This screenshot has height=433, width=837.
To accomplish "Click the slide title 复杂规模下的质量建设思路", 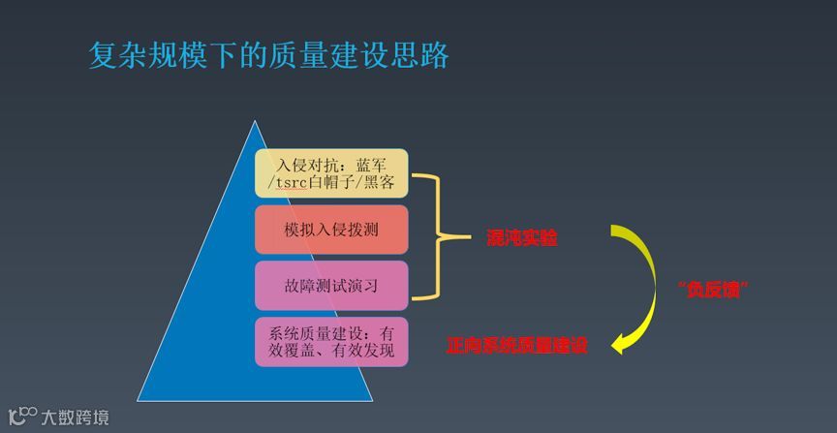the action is (268, 55).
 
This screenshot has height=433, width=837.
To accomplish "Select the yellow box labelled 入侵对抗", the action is (331, 172).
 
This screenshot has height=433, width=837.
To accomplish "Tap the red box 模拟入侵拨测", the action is (331, 231).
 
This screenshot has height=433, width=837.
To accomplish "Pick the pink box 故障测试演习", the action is (331, 287).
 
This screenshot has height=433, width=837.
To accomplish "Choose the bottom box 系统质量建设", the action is (331, 341).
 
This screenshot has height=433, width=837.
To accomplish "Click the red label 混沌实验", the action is (522, 238).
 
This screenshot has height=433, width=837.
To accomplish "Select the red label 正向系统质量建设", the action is (517, 344).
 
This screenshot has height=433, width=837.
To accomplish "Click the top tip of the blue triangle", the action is (255, 123).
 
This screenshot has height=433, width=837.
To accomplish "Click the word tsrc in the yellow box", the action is (292, 182).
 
